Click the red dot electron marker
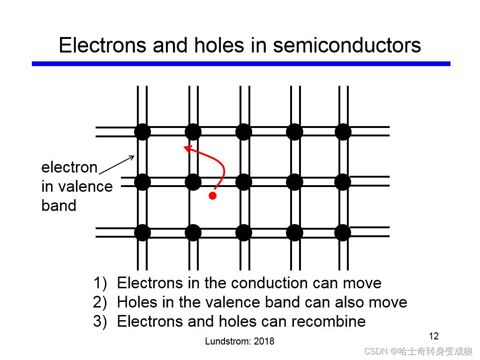coord(212,196)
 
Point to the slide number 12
coord(434,336)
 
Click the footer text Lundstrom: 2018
coord(240,341)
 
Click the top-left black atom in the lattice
coord(142,132)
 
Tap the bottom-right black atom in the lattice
coord(343,232)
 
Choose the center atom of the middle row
coord(244,182)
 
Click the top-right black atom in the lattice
coord(343,132)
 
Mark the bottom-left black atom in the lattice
coord(142,232)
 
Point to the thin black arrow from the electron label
coord(117,165)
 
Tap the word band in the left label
coord(59,206)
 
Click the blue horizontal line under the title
coord(241,64)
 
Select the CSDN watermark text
coord(418,351)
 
